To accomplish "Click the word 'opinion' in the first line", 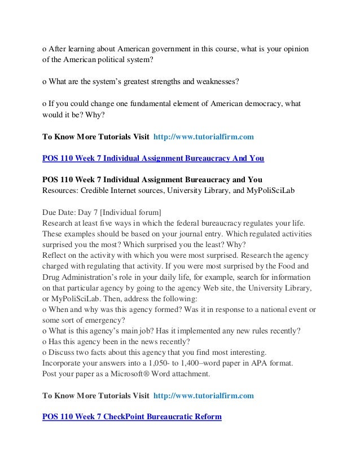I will [295, 47].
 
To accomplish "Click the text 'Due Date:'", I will [60, 213].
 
